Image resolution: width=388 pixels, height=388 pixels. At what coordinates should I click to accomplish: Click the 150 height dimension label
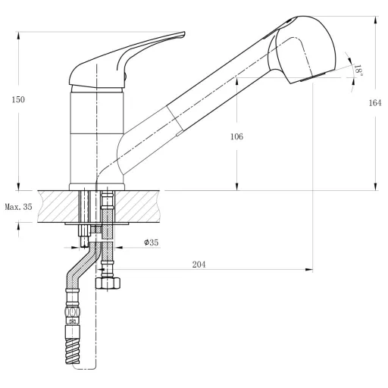coord(18,99)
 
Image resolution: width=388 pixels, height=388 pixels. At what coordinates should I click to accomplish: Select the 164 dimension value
coord(375,103)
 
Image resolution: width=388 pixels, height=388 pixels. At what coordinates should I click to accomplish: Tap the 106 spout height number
coord(236,136)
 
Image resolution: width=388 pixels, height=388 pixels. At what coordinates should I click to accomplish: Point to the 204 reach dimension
coord(199,264)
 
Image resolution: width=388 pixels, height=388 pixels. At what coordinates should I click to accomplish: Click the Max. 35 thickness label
coord(18,207)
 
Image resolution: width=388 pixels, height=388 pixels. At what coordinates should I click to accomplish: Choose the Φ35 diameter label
coord(152,242)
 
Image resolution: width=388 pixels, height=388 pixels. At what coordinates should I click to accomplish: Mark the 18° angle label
coord(358,70)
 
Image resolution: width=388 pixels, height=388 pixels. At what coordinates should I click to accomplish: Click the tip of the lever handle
coord(184,33)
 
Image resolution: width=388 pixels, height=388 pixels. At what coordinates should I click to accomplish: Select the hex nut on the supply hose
coord(108,283)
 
